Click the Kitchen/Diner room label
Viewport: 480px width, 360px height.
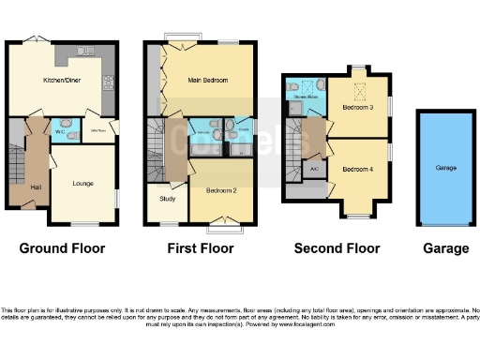click(59, 82)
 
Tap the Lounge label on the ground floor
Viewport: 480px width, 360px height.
click(83, 184)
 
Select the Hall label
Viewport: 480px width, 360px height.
click(35, 188)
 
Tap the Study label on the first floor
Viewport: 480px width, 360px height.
click(167, 199)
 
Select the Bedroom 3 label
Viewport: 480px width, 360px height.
click(357, 108)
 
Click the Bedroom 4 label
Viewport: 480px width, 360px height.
click(357, 169)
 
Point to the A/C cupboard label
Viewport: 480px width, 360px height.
click(315, 169)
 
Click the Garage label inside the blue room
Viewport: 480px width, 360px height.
click(445, 170)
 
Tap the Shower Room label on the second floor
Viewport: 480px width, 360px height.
click(305, 96)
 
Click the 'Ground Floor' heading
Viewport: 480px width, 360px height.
click(62, 248)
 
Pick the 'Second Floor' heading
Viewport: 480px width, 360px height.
click(337, 248)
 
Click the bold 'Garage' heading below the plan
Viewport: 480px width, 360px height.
click(445, 248)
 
